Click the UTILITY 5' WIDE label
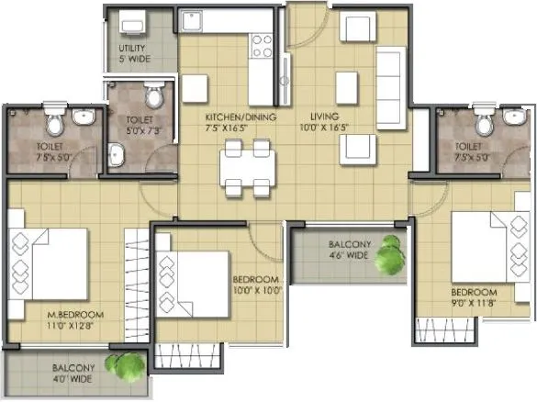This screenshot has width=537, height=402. (x=135, y=52)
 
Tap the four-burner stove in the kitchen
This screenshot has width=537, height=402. (x=262, y=44)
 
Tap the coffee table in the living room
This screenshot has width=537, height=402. (x=346, y=86)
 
